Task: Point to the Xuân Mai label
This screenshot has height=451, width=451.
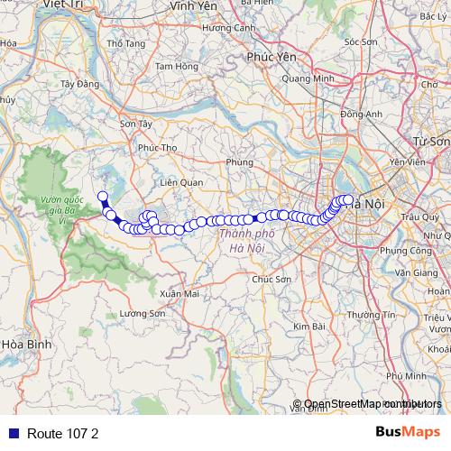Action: (x=178, y=294)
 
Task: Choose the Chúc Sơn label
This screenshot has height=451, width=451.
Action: (x=272, y=280)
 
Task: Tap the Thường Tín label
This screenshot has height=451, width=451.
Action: (x=375, y=315)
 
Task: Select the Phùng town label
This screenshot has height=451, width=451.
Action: (x=241, y=162)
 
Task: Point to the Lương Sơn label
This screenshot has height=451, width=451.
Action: (x=143, y=314)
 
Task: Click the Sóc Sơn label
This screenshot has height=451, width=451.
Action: (x=361, y=41)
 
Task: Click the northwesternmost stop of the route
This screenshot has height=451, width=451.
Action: (x=103, y=197)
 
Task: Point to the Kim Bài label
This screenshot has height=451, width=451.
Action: (x=308, y=326)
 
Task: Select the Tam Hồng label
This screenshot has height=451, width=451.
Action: (x=176, y=66)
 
